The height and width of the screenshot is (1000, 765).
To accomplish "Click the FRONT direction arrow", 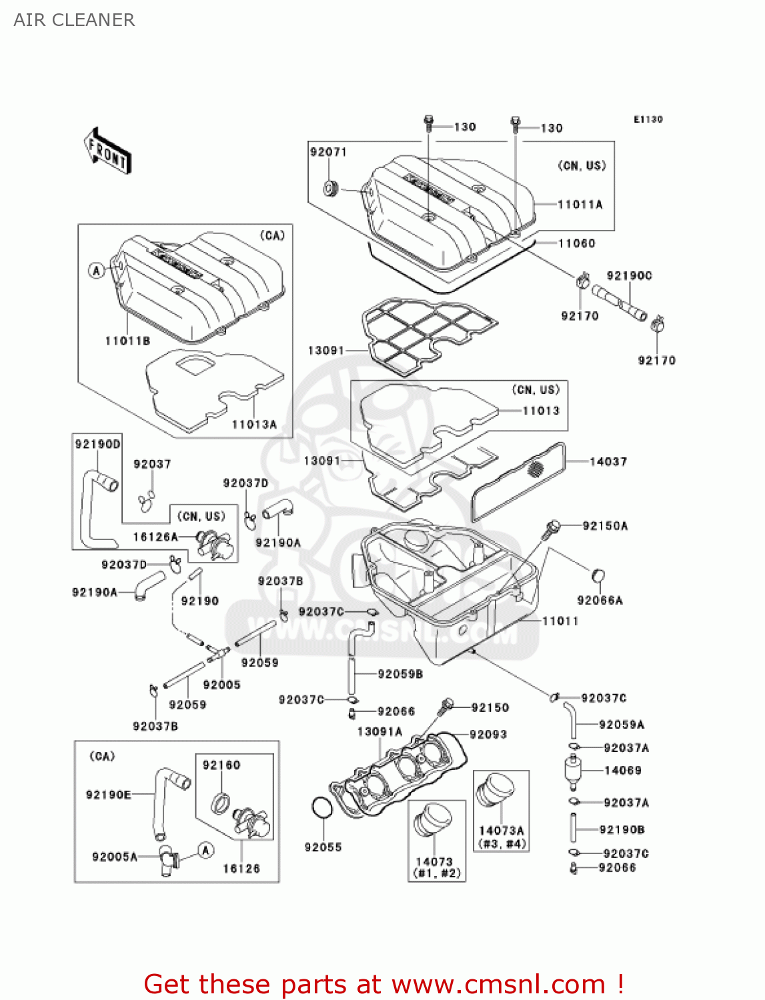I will pyautogui.click(x=107, y=151).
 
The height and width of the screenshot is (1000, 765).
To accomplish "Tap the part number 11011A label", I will pyautogui.click(x=580, y=205).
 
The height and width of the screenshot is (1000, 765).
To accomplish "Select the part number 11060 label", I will pyautogui.click(x=576, y=243).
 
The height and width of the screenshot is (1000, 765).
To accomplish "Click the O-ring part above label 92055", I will pyautogui.click(x=321, y=807).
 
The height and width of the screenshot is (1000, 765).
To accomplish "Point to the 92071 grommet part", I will pyautogui.click(x=331, y=187).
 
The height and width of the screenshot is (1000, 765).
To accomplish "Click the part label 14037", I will pyautogui.click(x=608, y=461).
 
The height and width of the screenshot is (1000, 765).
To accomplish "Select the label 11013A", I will pyautogui.click(x=253, y=424).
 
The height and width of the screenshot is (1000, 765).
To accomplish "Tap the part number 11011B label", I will pyautogui.click(x=127, y=341).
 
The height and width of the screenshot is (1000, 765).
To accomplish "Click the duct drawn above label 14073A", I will pyautogui.click(x=496, y=794).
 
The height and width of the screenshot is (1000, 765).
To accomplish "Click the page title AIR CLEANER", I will pyautogui.click(x=74, y=20).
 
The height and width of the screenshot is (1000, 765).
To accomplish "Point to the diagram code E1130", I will pyautogui.click(x=648, y=119).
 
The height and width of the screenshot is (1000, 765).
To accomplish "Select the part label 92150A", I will pyautogui.click(x=605, y=526).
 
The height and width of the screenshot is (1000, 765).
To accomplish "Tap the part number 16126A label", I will pyautogui.click(x=155, y=537).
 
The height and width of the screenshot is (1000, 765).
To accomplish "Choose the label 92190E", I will pyautogui.click(x=108, y=794).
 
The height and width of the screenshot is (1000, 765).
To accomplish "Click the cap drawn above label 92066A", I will pyautogui.click(x=598, y=575).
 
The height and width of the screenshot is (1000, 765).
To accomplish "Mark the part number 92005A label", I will pyautogui.click(x=114, y=857).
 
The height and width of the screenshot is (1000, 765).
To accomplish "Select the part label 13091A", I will pyautogui.click(x=379, y=731).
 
